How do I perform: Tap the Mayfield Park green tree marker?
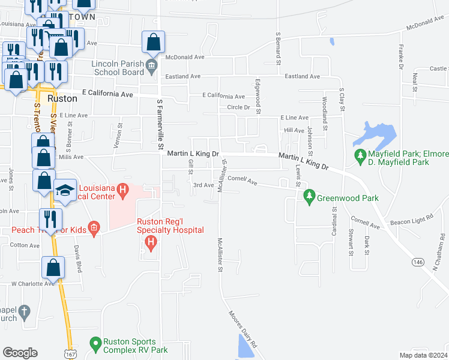point(360,157)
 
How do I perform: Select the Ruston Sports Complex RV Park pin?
point(95,344)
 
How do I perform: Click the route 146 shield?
point(417,262)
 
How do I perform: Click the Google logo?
point(20,352)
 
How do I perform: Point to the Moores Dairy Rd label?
point(242,328)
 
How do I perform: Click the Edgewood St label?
point(258,96)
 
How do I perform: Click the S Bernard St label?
point(278,48)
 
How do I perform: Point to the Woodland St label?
point(324,112)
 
